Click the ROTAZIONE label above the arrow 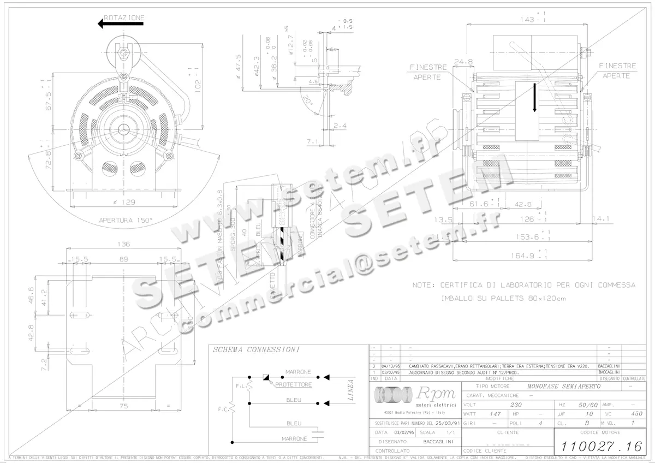(x=126, y=17)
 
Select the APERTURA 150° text (x=126, y=221)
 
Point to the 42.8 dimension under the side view (x=523, y=204)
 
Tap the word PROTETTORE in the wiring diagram (x=294, y=385)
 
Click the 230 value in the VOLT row (x=515, y=405)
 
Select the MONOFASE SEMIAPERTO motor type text (x=564, y=386)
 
